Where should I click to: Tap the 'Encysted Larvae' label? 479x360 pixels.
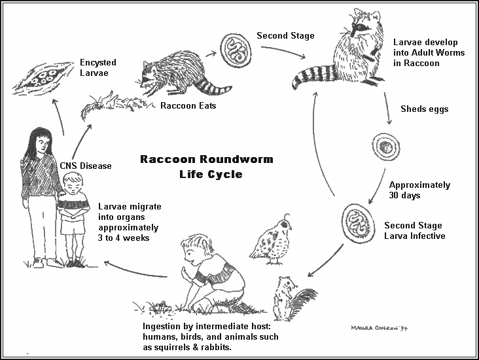(98, 67)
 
